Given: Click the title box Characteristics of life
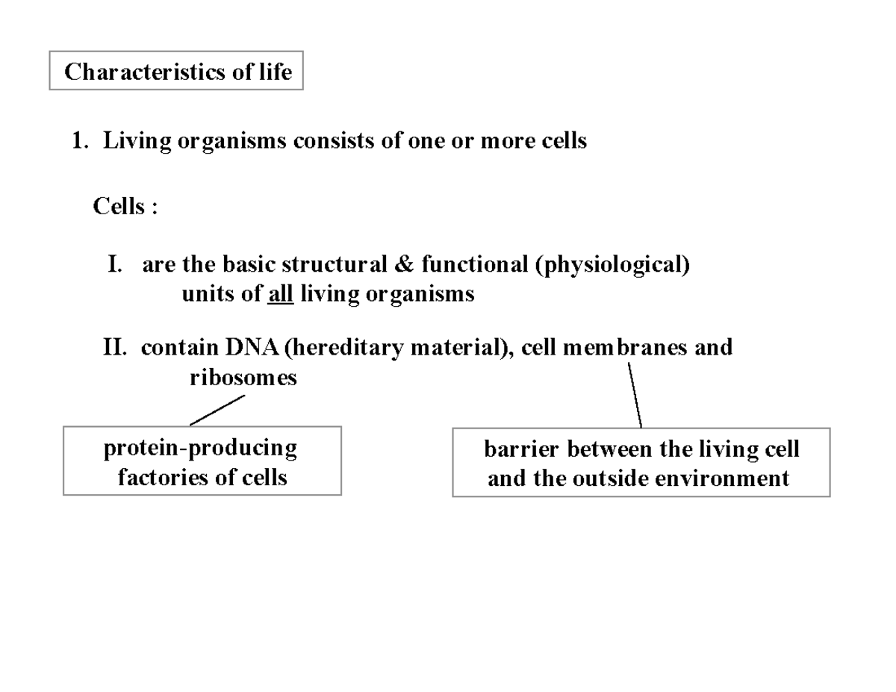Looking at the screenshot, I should pos(176,71).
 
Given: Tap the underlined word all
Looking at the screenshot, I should pos(280,294).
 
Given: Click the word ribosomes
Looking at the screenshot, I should pos(243,377).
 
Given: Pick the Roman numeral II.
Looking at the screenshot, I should pos(116,347).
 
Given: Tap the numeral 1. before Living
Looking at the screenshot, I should pos(79,140).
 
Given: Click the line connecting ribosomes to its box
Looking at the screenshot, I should pos(217,410).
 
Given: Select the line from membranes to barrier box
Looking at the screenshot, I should pos(635,395).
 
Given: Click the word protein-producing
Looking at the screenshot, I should pos(200,448).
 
